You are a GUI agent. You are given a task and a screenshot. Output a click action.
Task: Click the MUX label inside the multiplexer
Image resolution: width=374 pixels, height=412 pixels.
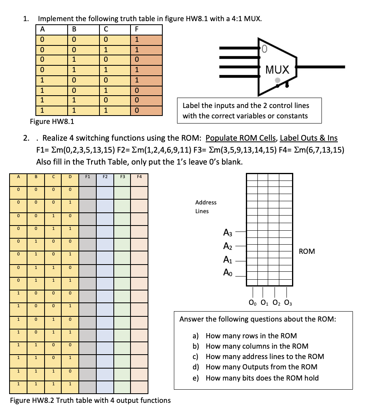click(277, 70)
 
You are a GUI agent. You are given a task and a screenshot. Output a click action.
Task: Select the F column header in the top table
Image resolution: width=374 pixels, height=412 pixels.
click(136, 29)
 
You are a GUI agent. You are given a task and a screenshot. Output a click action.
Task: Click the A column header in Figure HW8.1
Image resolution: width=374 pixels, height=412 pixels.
click(43, 29)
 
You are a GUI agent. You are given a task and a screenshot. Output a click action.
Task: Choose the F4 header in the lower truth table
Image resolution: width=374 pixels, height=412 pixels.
click(139, 176)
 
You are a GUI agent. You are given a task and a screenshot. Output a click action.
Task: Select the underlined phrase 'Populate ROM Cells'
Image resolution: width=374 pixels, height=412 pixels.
click(241, 138)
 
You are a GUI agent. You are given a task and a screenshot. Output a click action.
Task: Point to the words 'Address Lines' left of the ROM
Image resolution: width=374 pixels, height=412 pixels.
click(206, 207)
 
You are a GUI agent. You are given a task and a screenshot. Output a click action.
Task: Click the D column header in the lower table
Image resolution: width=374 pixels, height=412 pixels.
click(70, 176)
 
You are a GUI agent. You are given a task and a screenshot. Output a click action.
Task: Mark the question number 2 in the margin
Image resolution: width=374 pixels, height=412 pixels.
click(26, 138)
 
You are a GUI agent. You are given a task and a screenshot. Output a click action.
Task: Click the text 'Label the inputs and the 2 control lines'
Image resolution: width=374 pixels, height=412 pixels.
click(245, 106)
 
